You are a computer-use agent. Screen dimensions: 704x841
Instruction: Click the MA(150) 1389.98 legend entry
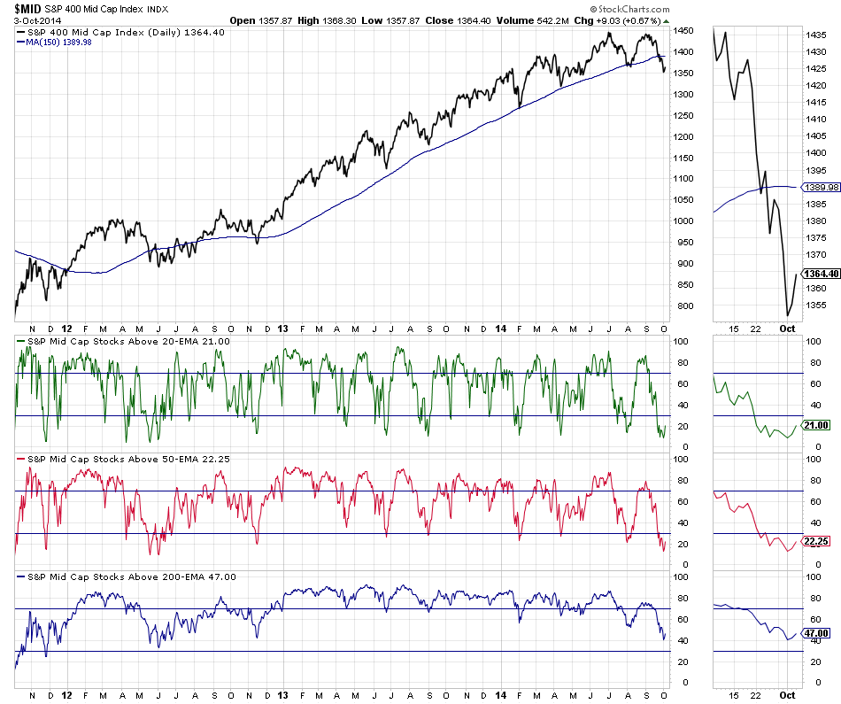click(58, 42)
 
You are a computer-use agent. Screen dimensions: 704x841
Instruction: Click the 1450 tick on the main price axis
click(683, 31)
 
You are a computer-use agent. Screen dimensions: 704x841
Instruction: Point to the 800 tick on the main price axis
click(680, 306)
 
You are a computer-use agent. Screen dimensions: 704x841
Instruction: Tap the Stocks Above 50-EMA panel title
click(122, 457)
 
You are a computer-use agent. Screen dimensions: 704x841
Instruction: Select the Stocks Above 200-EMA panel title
click(125, 576)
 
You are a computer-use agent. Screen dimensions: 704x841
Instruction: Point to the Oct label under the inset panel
click(787, 329)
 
